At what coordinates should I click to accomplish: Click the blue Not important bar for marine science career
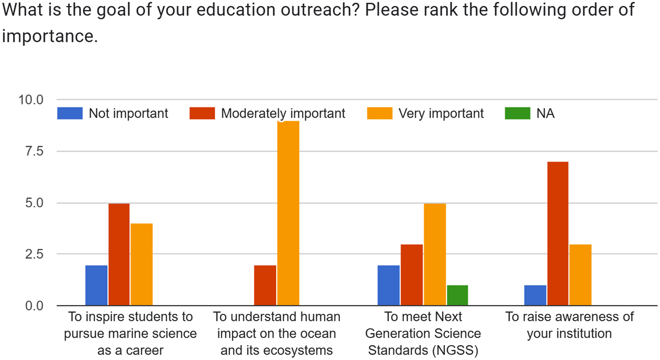pos(96,285)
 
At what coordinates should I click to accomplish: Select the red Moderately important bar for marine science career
pos(119,254)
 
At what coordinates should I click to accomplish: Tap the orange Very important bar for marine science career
pos(141,264)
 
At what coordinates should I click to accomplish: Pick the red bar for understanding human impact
pos(265,285)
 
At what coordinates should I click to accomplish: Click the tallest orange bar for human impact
pos(288,213)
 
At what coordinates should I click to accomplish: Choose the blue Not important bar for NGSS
pos(388,285)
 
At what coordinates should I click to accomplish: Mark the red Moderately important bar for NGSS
pos(411,275)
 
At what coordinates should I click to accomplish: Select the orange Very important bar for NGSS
pos(434,254)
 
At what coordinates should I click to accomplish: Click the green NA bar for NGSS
pos(457,295)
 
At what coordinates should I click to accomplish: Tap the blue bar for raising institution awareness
pos(535,295)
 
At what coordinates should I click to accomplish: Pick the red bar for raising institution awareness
pos(558,234)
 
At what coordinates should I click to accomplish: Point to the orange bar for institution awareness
pos(580,275)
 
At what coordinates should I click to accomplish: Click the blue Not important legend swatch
pos(70,113)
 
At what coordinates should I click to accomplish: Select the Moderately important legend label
pos(283,114)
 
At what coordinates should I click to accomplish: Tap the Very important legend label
pos(441,114)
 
